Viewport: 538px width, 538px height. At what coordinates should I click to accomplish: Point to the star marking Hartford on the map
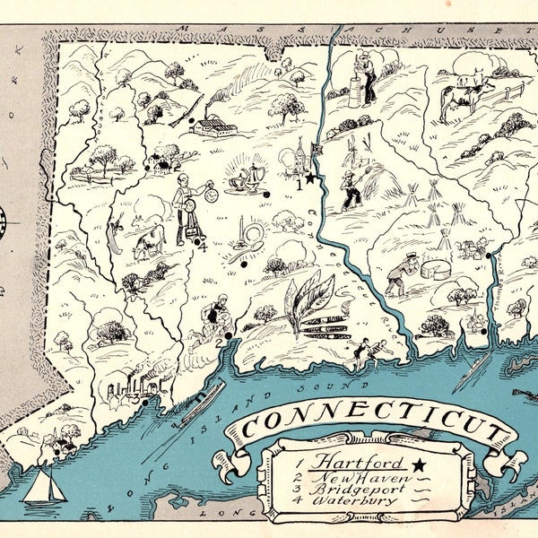click(311, 179)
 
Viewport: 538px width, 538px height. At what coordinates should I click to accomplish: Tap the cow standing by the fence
click(465, 92)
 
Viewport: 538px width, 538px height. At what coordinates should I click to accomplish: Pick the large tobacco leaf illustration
click(305, 300)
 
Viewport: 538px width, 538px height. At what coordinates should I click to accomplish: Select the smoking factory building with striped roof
click(214, 125)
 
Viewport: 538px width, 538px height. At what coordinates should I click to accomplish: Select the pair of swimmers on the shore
click(363, 351)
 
